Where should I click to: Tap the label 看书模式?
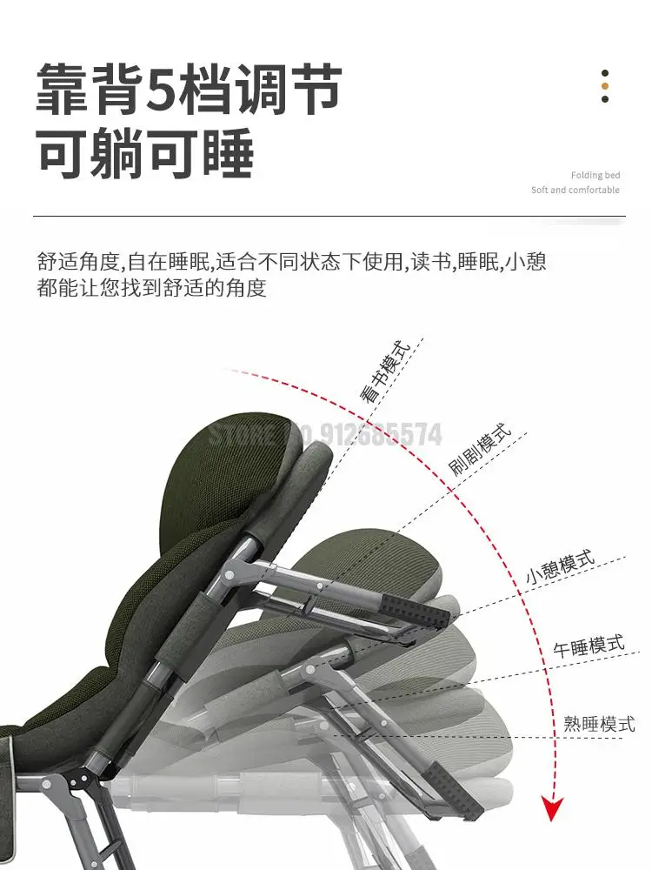[x=384, y=376]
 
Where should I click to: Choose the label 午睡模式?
[x=589, y=647]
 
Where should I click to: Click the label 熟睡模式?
[x=599, y=722]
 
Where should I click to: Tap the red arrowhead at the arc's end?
[x=549, y=807]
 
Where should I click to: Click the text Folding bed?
[x=595, y=175]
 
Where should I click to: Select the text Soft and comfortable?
[x=575, y=190]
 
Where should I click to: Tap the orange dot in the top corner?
[x=605, y=86]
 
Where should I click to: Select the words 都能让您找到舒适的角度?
[x=151, y=287]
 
